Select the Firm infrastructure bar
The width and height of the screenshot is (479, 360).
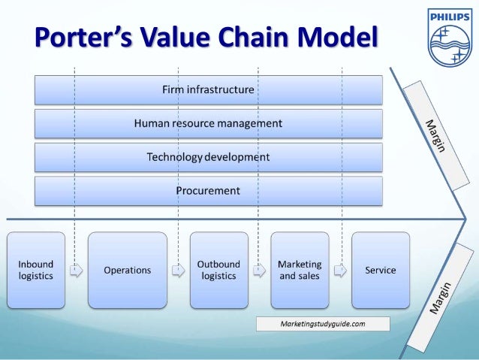pos(208,89)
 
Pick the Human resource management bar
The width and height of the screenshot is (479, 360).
pos(208,123)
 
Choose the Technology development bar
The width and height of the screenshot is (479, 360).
pos(208,157)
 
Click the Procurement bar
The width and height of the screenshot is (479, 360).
pos(208,191)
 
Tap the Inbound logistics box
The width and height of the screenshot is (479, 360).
pos(36,270)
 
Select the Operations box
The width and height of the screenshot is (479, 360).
pos(127,270)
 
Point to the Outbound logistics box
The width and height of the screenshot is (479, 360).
pos(218,270)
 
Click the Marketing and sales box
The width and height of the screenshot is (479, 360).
pos(300,270)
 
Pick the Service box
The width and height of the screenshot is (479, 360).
pos(381,270)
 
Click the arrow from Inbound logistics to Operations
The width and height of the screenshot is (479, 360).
pos(76,271)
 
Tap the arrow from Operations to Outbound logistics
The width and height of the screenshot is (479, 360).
pos(177,271)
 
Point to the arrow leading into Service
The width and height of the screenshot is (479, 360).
pos(340,271)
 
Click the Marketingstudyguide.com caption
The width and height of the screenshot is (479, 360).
pos(323,324)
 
